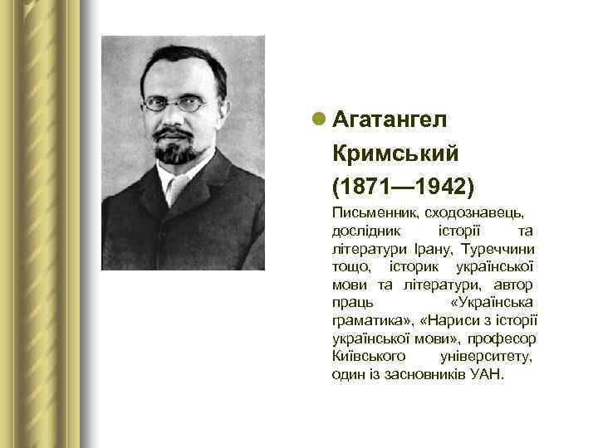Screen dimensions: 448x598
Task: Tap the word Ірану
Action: pyautogui.click(x=436, y=248)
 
